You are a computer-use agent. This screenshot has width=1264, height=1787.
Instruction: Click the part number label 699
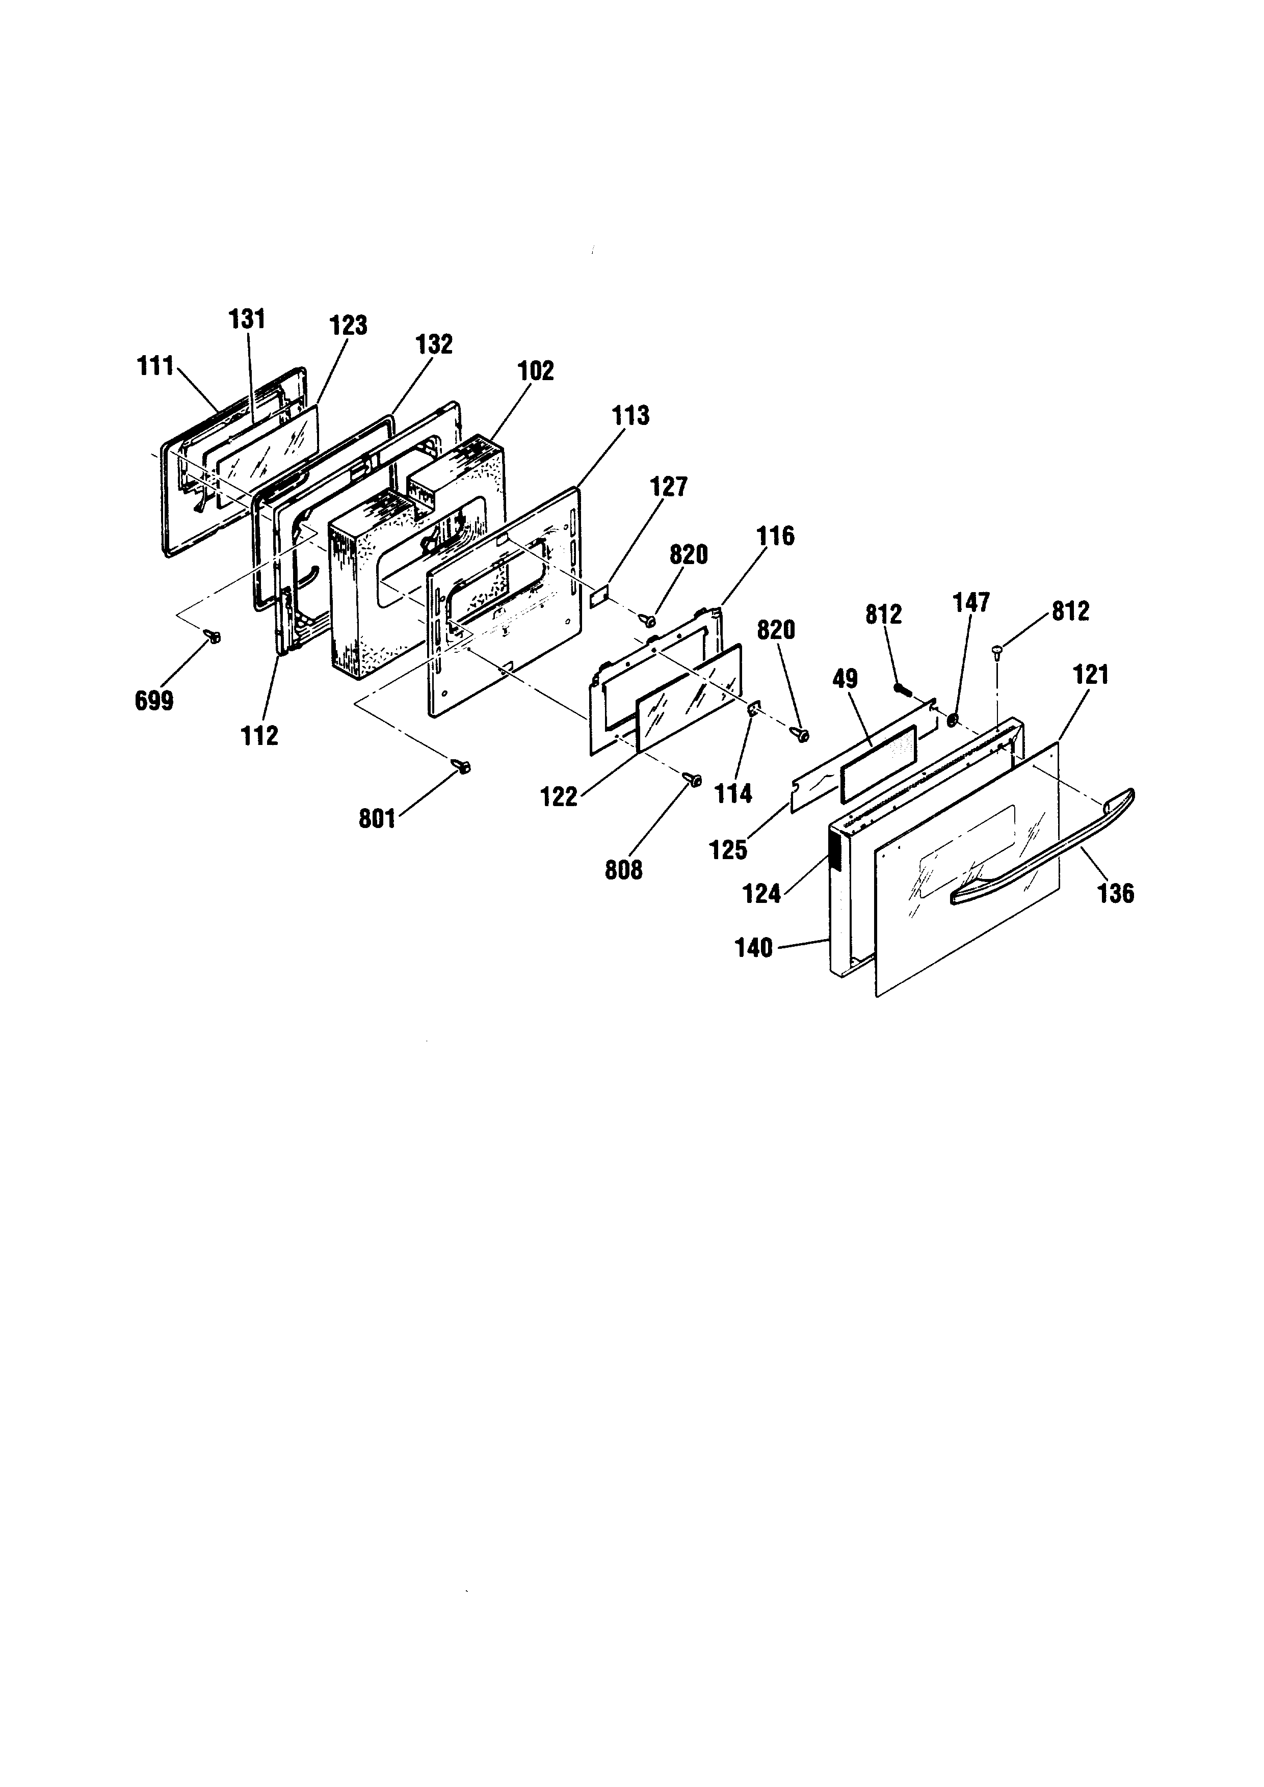(154, 701)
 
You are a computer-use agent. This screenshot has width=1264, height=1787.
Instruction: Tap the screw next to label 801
(462, 767)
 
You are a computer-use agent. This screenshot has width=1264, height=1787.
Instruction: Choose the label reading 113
(630, 416)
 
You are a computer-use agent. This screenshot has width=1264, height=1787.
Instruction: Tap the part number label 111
(155, 366)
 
